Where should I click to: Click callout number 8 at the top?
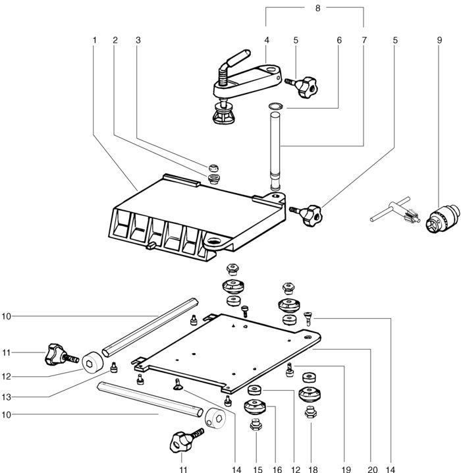point(317,8)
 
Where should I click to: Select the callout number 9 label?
point(439,40)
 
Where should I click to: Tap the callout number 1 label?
point(94,40)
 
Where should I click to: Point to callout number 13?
point(7,397)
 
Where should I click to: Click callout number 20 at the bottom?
point(373,469)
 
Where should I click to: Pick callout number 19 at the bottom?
point(346,469)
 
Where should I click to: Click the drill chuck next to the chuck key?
point(443,219)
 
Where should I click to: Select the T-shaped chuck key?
point(395,211)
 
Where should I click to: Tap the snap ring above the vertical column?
point(275,106)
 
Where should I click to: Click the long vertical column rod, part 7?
point(275,151)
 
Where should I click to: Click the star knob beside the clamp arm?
point(302,87)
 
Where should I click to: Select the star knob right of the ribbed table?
point(307,215)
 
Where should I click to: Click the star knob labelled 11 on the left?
point(61,354)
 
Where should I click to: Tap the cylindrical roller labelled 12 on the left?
point(93,362)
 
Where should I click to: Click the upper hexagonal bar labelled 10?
point(150,327)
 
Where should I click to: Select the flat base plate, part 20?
point(226,353)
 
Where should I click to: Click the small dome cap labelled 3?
point(213,168)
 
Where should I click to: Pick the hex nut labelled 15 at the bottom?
point(256,426)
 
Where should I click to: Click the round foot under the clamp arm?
point(224,113)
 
